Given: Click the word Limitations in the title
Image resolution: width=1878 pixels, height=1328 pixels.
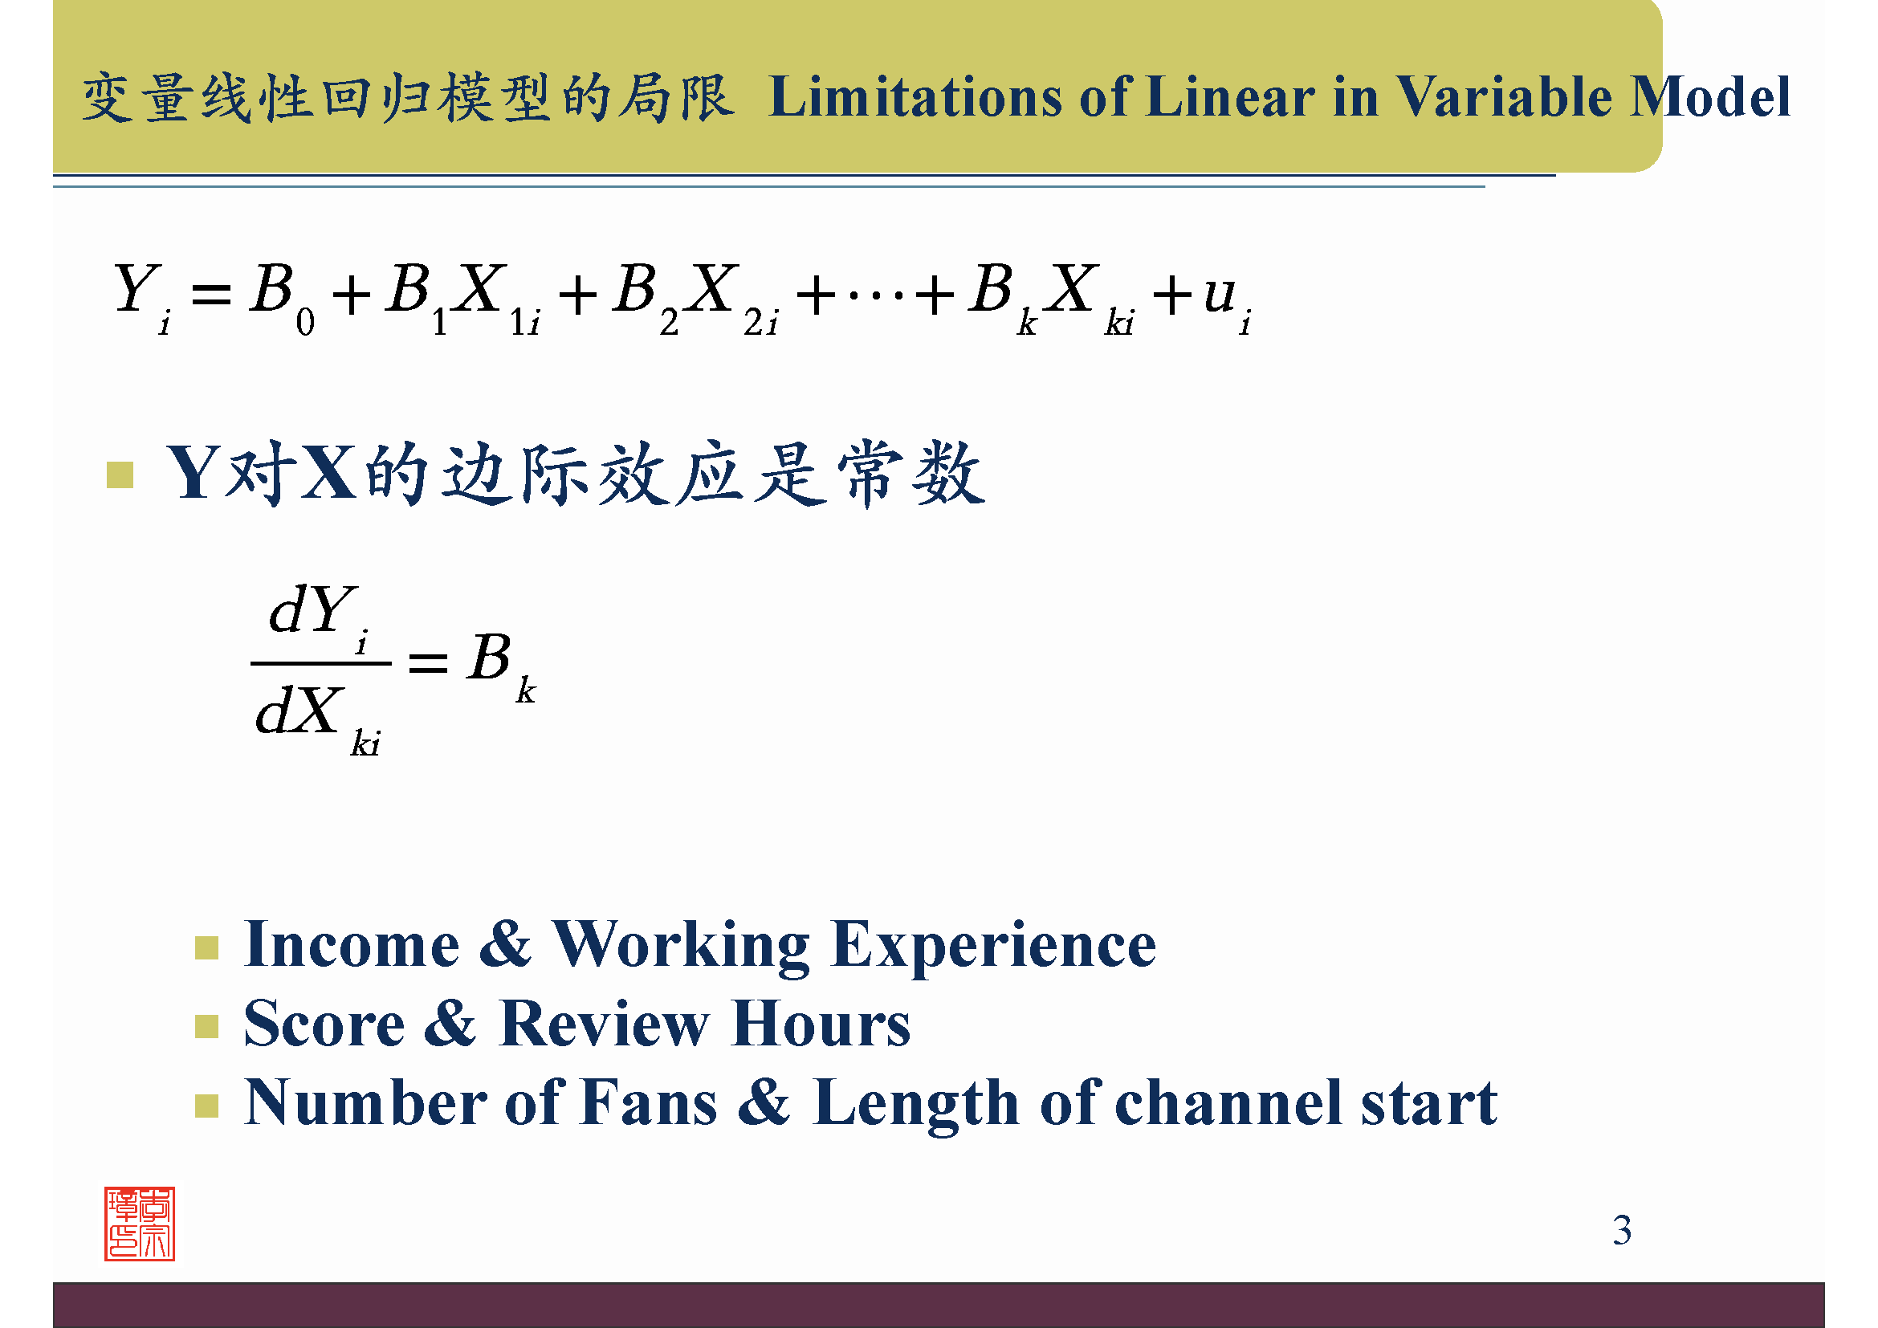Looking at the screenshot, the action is click(917, 97).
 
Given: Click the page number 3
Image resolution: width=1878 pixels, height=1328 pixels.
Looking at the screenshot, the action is click(1622, 1230).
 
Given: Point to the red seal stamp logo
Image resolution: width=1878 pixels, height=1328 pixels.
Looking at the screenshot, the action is click(139, 1224).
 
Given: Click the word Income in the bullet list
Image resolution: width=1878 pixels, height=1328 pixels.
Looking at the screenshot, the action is click(352, 945).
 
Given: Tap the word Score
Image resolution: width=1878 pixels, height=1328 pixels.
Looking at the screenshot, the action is click(324, 1024).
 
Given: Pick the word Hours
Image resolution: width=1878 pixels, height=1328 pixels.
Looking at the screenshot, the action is click(821, 1024).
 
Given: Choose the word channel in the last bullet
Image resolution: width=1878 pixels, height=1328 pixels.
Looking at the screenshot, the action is click(1228, 1103).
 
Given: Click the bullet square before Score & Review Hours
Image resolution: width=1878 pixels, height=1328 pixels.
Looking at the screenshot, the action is click(207, 1026).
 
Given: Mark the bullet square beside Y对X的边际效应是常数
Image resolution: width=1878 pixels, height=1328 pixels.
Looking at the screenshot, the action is click(120, 475).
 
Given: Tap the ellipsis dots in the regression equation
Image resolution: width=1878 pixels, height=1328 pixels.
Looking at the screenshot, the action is click(875, 295).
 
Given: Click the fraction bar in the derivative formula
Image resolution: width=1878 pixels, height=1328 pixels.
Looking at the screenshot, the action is click(320, 663).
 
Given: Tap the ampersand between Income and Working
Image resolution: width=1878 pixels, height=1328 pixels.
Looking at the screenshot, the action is click(506, 945).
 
